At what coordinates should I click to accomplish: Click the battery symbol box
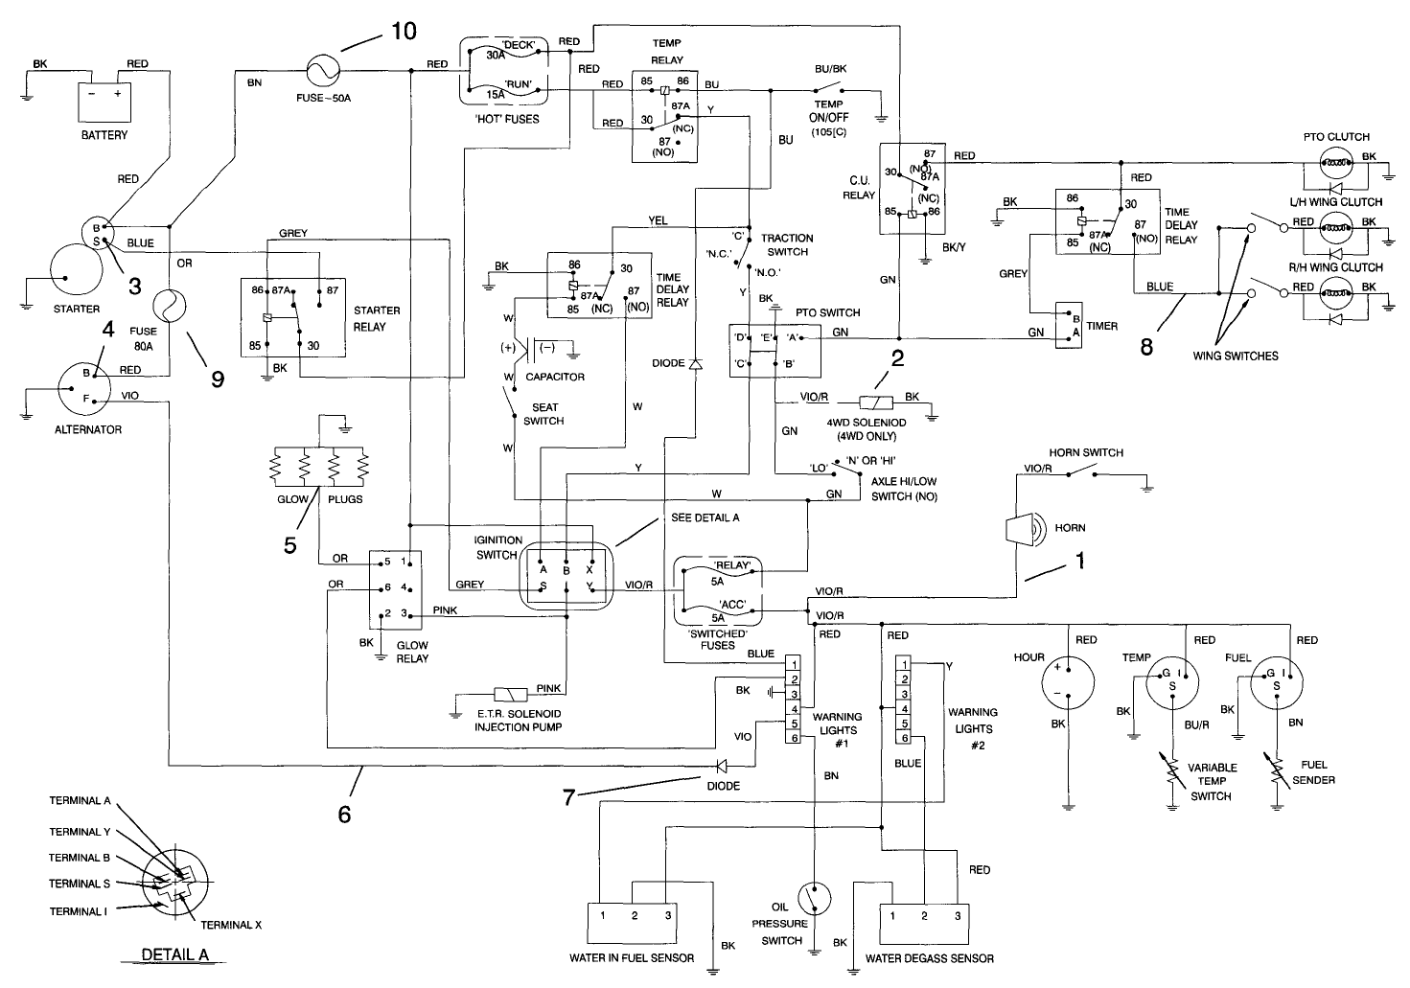pyautogui.click(x=104, y=100)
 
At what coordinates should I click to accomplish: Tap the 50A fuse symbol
pyautogui.click(x=322, y=70)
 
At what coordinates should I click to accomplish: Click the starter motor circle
pyautogui.click(x=64, y=274)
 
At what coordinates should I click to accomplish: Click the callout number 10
pyautogui.click(x=403, y=32)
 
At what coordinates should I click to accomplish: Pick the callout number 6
pyautogui.click(x=344, y=815)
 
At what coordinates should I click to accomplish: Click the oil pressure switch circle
pyautogui.click(x=813, y=899)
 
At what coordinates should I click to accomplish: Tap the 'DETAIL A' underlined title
pyautogui.click(x=174, y=954)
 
